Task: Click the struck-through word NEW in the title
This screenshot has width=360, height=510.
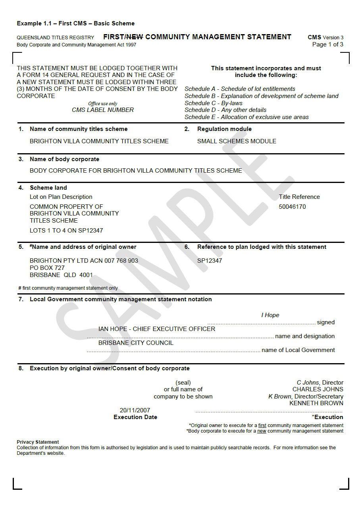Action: pos(135,37)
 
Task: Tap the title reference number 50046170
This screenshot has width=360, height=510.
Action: pos(292,207)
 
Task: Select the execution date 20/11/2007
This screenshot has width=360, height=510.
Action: pos(135,410)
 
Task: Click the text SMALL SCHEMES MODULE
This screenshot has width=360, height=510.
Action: pos(237,141)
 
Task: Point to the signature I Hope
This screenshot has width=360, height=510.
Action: pos(270,315)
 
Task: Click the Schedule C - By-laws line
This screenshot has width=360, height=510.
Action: pos(214,103)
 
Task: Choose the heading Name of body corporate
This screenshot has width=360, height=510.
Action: pos(64,159)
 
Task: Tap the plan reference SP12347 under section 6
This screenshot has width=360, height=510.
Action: pos(210,261)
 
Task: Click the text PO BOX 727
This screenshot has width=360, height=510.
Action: pos(47,268)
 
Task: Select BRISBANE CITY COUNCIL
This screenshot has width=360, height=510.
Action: pos(136,343)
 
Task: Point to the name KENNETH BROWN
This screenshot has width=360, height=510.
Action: pos(316,403)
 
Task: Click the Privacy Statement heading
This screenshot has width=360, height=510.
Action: pos(38,442)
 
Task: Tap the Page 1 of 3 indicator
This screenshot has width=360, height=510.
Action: pos(327,44)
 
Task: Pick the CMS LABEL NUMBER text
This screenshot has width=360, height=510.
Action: pos(103,110)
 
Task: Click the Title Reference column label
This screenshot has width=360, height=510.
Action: pos(299,197)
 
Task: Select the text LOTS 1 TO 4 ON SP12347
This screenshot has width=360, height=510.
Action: pos(66,231)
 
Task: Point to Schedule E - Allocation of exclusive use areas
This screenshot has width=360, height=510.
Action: pos(246,117)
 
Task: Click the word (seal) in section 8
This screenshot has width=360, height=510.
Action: pos(183,383)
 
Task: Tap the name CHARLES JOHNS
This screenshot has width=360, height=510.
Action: pos(318,389)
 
